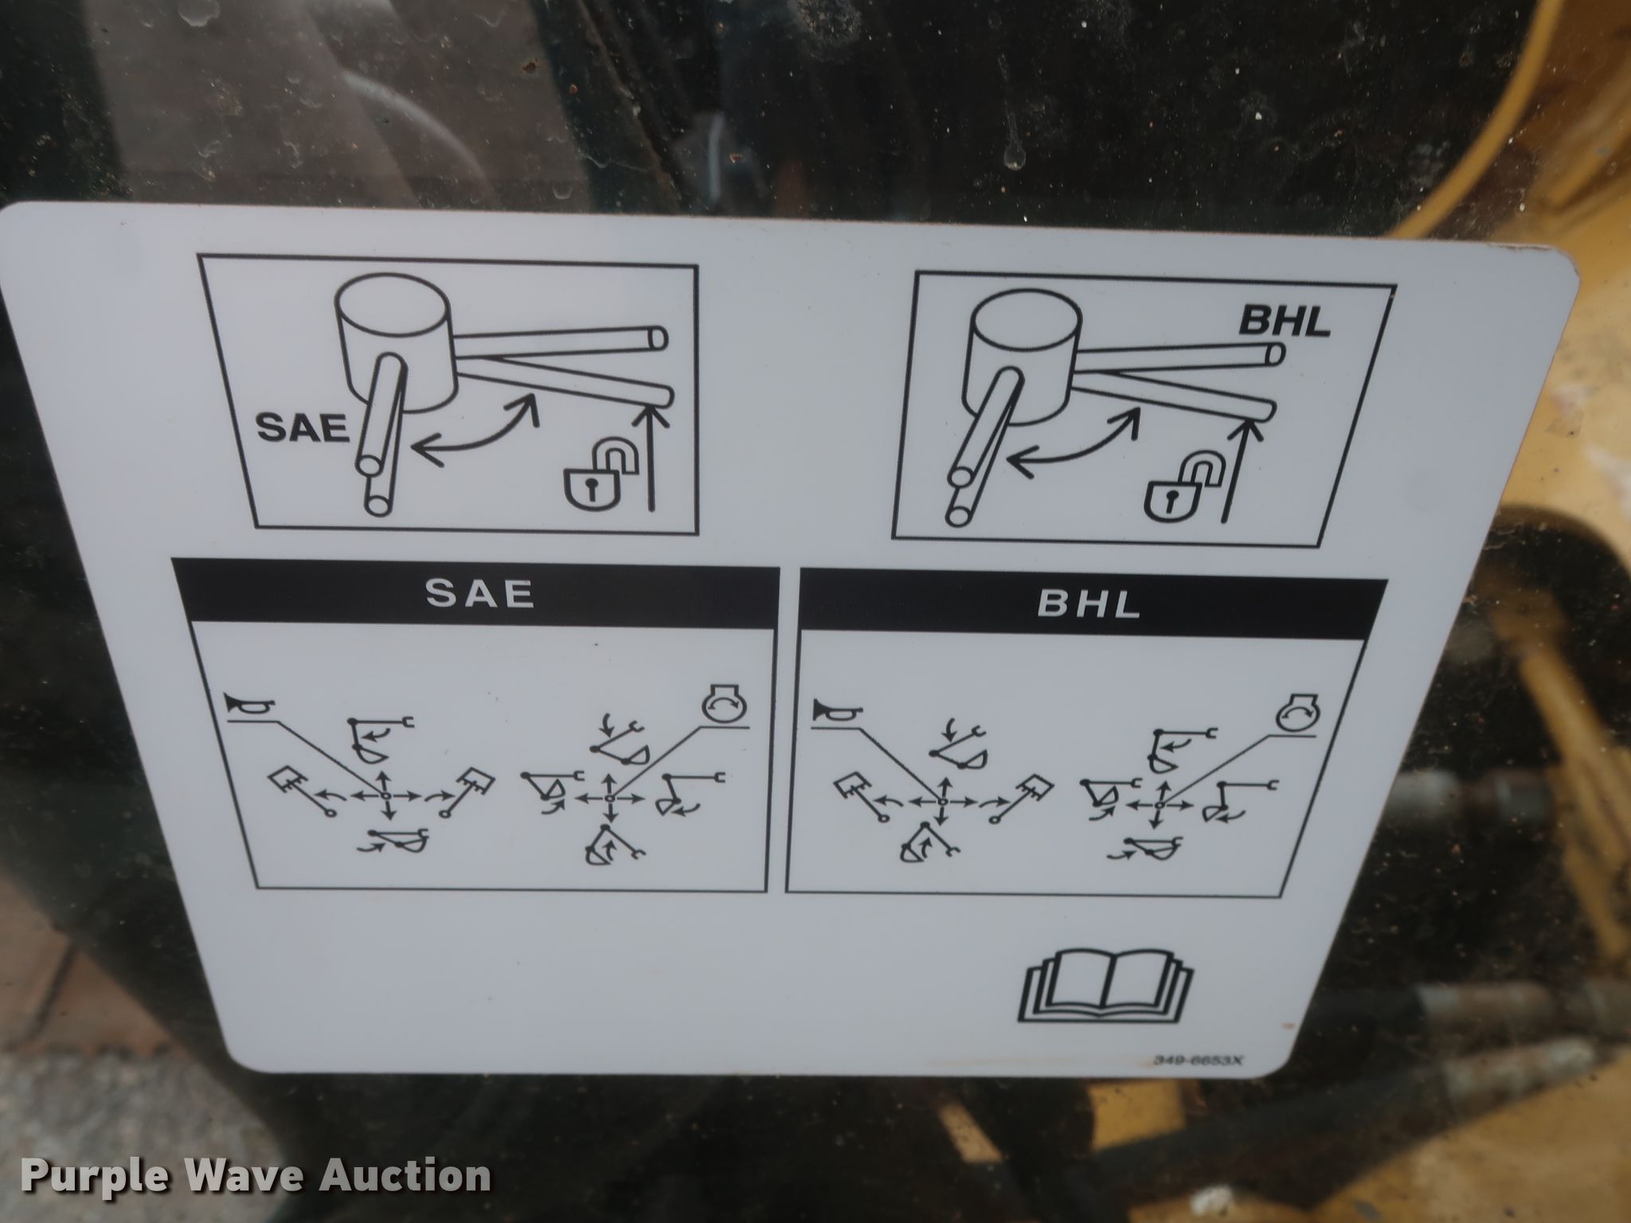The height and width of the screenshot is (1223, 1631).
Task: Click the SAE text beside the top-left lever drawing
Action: click(303, 428)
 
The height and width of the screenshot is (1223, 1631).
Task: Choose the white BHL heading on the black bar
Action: click(1088, 604)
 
